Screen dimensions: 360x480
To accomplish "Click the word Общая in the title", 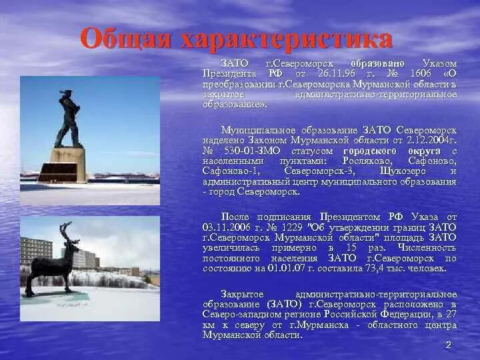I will tap(125, 39).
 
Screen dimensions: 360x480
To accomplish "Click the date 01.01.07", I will tap(287, 268).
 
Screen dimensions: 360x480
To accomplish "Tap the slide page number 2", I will tap(448, 345).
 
